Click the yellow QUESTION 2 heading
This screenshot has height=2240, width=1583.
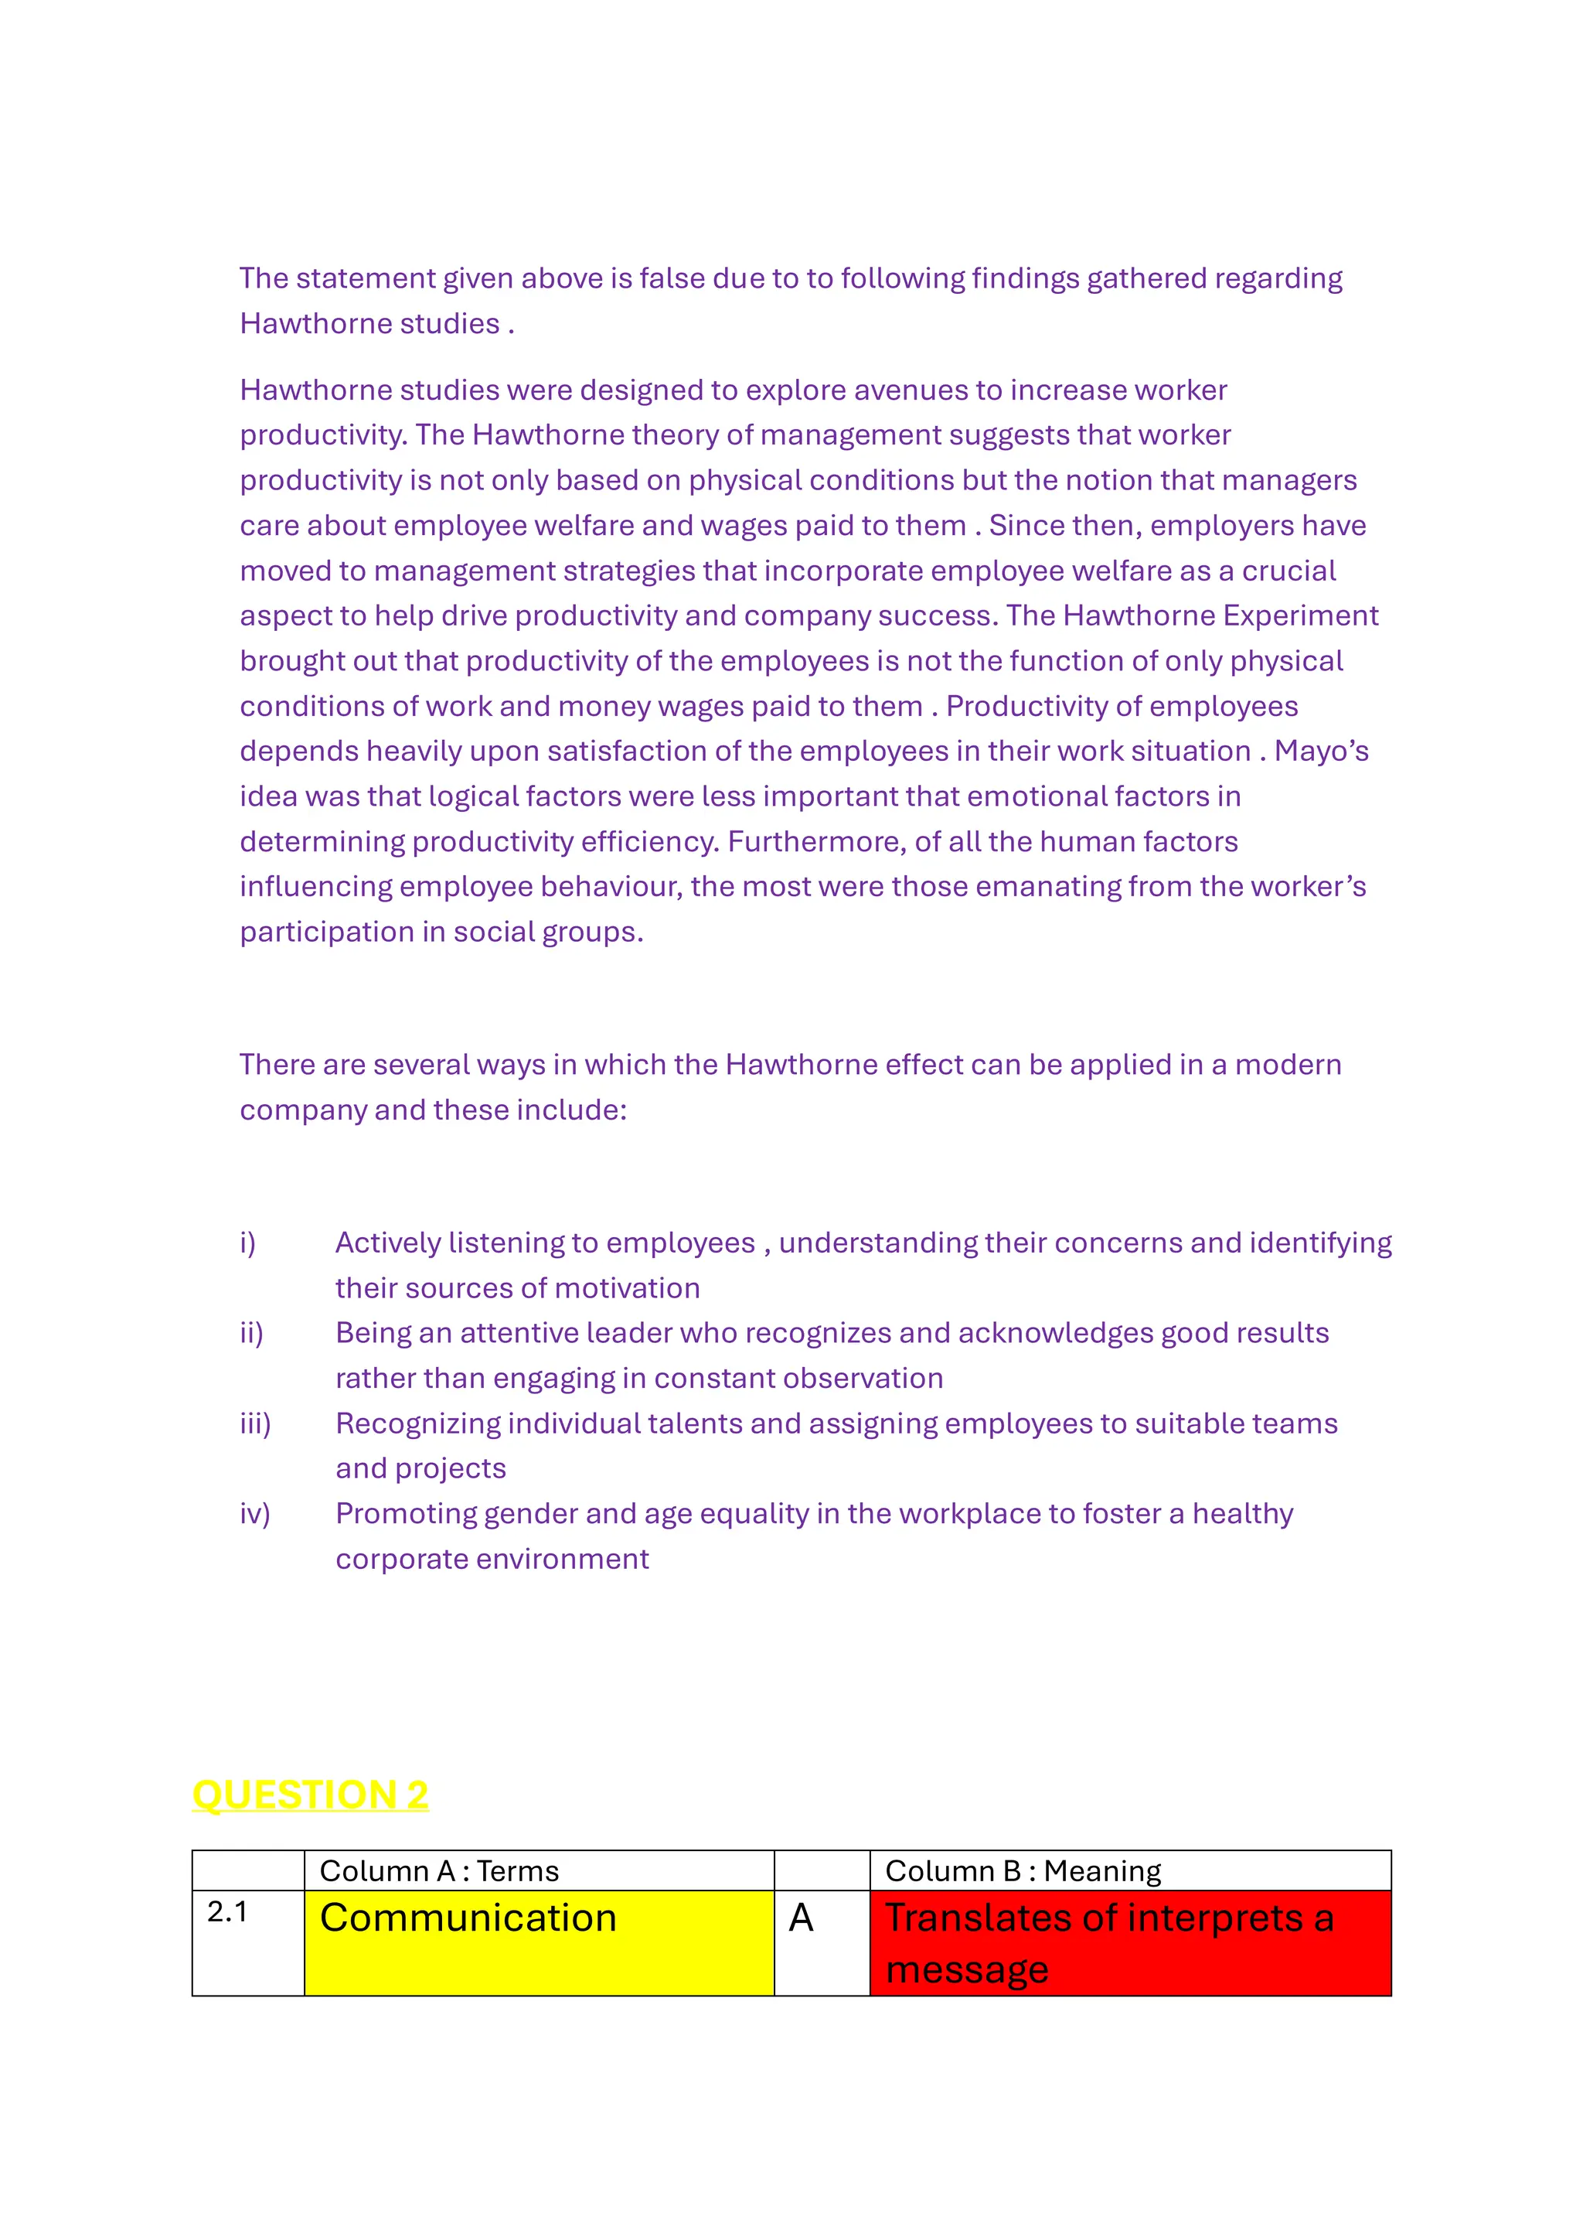coord(310,1795)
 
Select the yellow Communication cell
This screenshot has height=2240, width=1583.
coord(539,1942)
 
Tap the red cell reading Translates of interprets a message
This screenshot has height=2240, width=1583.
coord(1129,1942)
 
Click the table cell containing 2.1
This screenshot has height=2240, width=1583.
coord(248,1942)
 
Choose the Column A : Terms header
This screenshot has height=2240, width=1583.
coord(440,1870)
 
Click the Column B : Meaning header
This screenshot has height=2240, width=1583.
coord(1023,1870)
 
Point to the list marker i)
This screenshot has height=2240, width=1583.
coord(249,1242)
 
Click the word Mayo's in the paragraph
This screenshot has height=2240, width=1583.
coord(1321,752)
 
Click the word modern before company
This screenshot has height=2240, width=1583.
coord(1288,1065)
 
